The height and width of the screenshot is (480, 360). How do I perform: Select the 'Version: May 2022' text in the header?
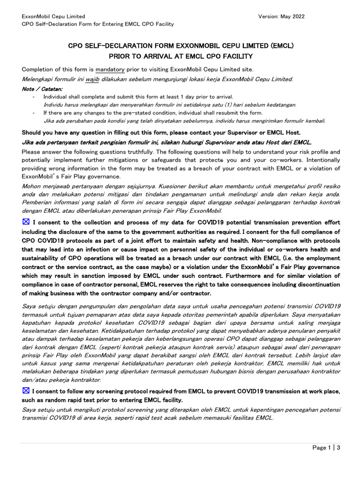281,16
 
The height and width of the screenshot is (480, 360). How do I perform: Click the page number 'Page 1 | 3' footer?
326,448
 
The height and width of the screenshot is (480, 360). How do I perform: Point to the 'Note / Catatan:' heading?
42,88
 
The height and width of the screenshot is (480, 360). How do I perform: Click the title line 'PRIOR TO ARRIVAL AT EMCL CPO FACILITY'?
181,56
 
